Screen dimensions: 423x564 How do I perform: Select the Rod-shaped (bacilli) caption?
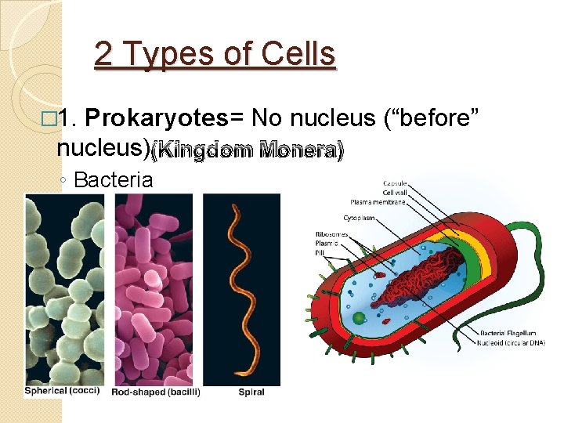point(156,392)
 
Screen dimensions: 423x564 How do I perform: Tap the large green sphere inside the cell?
point(360,318)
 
